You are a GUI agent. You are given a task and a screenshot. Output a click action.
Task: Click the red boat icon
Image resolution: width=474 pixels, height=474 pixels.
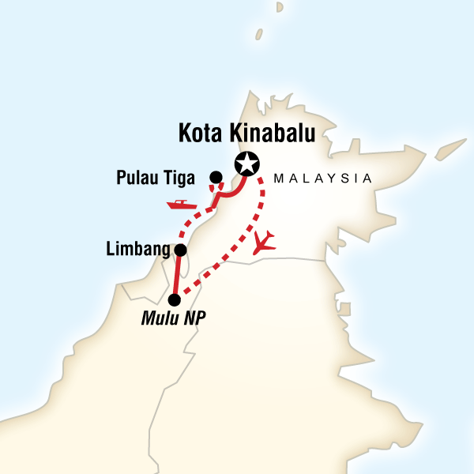pyautogui.click(x=181, y=205)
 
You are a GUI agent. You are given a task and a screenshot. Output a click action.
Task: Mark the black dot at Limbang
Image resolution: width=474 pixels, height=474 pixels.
pyautogui.click(x=180, y=250)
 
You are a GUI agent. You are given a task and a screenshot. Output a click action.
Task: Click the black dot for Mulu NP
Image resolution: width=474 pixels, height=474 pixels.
pyautogui.click(x=175, y=299)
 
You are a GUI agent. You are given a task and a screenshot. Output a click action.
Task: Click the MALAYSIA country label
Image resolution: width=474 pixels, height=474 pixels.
pyautogui.click(x=322, y=179)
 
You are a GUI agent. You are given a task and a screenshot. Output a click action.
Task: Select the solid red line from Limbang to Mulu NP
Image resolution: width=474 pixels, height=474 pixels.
pyautogui.click(x=177, y=275)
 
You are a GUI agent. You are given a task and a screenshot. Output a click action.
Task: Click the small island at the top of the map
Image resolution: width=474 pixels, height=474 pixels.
pyautogui.click(x=258, y=35)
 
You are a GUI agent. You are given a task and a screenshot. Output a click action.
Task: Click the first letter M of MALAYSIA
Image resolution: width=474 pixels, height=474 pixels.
pyautogui.click(x=276, y=179)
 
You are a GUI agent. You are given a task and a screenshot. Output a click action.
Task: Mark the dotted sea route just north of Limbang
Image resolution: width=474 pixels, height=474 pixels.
pyautogui.click(x=188, y=229)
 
